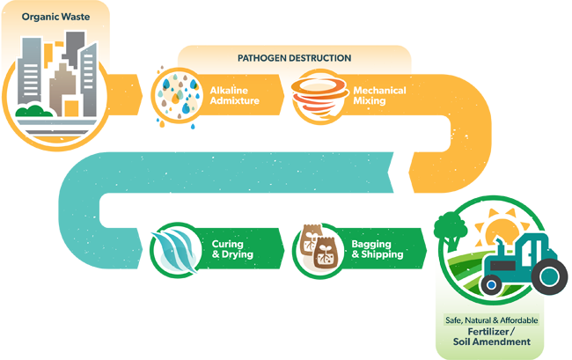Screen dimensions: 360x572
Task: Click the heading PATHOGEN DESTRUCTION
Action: [294, 58]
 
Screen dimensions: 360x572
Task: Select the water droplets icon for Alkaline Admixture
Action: [176, 94]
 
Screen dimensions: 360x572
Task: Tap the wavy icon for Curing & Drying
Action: [175, 249]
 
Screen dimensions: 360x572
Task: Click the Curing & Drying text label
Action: [232, 249]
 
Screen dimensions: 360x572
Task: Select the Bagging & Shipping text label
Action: [378, 249]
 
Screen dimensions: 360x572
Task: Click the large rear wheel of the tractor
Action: [551, 276]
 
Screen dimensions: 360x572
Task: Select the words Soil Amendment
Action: [492, 342]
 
